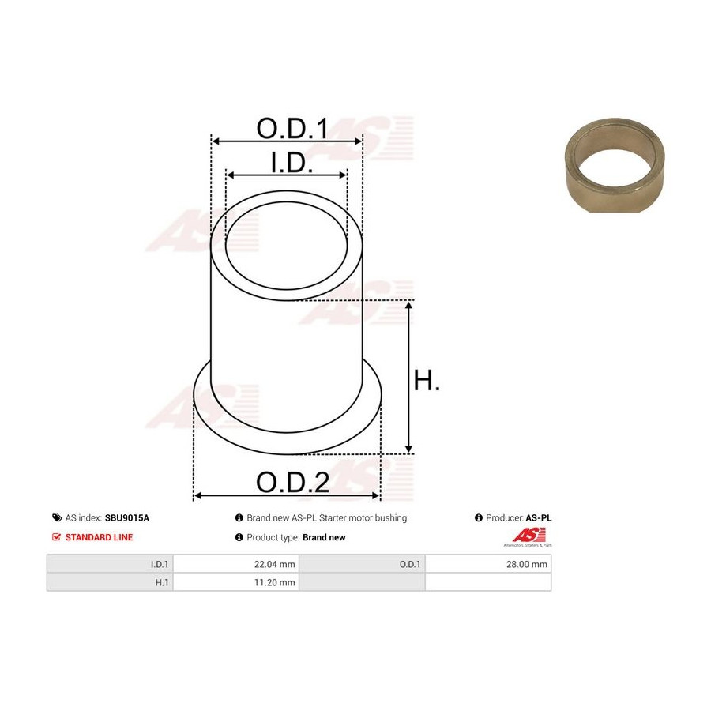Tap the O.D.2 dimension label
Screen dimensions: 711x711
click(x=292, y=482)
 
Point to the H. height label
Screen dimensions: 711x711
click(x=427, y=380)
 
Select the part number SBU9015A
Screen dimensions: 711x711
click(x=127, y=517)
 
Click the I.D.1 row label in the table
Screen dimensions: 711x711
click(x=160, y=564)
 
